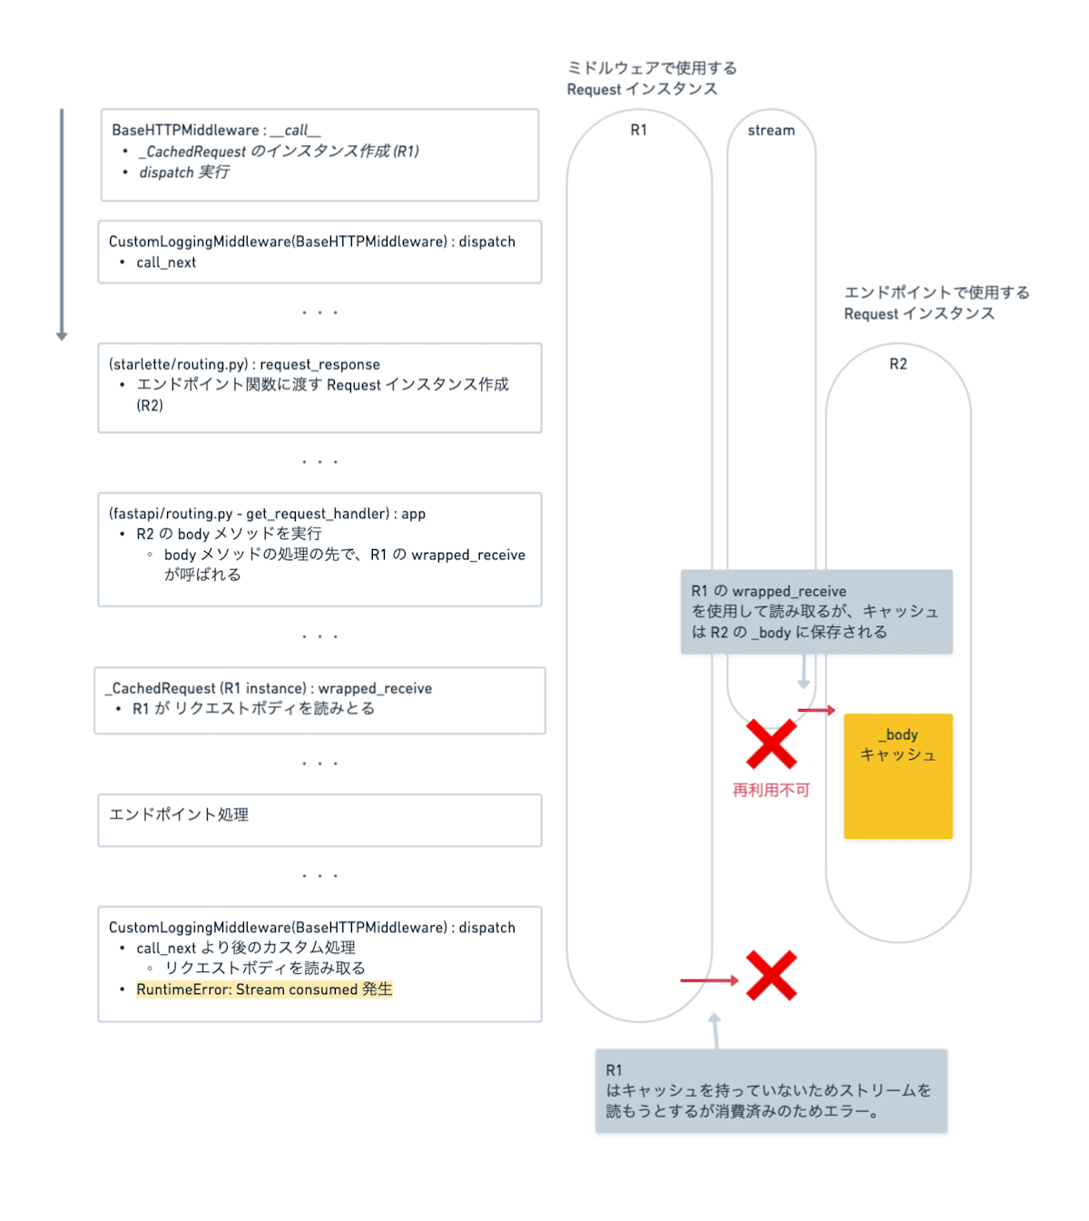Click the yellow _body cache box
click(x=898, y=776)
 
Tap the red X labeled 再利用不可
click(x=771, y=744)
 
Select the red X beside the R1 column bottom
click(x=771, y=976)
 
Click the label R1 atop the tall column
click(x=639, y=131)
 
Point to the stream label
click(x=771, y=131)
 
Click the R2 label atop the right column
click(x=898, y=364)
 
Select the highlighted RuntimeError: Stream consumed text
click(x=264, y=990)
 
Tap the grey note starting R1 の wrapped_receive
click(x=816, y=612)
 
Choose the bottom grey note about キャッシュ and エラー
click(x=770, y=1091)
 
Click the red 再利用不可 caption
click(x=771, y=791)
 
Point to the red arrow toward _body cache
click(x=816, y=710)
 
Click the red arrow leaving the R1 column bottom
click(x=710, y=980)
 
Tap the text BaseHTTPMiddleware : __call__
click(x=216, y=131)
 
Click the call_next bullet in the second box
click(x=166, y=263)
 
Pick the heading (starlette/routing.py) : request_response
click(x=244, y=365)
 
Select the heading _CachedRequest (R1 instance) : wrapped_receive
click(x=270, y=689)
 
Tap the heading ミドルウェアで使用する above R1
click(x=652, y=68)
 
